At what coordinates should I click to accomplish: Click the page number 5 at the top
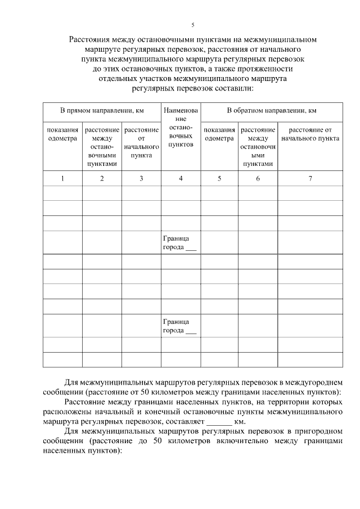click(192, 25)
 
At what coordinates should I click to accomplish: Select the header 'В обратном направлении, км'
click(271, 111)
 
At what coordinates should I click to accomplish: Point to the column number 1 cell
click(62, 178)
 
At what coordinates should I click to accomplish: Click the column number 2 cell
click(102, 178)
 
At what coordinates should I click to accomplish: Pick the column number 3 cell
click(141, 178)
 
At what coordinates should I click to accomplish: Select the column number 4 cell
click(181, 178)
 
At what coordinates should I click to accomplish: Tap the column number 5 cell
click(219, 178)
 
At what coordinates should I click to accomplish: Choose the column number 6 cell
click(258, 178)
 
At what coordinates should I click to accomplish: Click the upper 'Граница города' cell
click(179, 243)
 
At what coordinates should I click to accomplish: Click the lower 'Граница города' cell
click(179, 326)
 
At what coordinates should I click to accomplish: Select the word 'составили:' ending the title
click(235, 88)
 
